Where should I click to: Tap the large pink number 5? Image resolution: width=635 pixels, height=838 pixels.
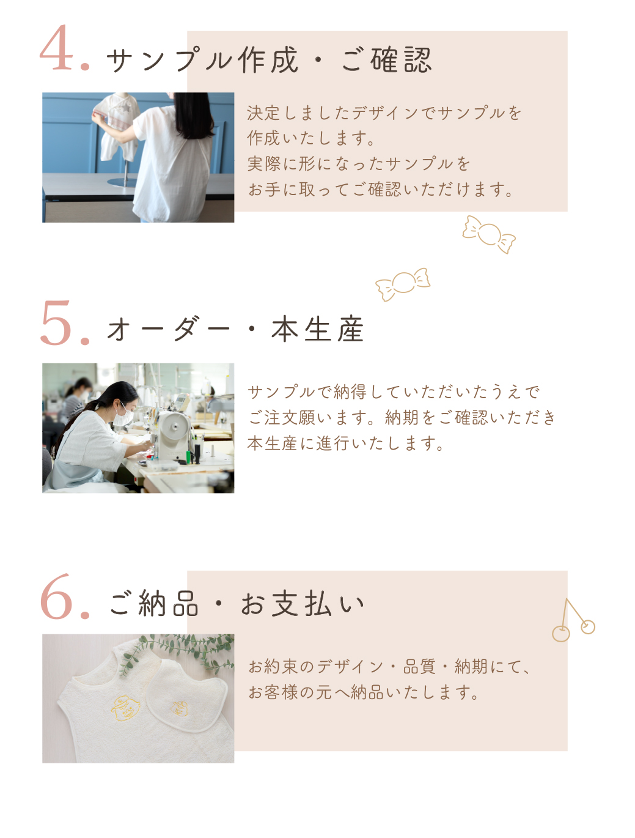point(56,322)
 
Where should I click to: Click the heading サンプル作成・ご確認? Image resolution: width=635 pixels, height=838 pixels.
point(270,60)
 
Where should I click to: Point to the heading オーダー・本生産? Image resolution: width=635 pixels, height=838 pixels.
point(235,329)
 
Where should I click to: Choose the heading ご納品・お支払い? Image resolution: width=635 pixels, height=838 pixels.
point(237,603)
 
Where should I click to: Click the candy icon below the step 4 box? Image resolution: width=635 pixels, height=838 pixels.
point(488,234)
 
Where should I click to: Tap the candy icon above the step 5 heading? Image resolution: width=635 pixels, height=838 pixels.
point(403,284)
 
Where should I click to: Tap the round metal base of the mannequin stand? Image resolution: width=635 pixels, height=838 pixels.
point(122,182)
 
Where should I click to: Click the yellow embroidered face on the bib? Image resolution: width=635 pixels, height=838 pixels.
point(179,708)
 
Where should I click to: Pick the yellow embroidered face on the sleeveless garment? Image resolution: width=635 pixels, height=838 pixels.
point(126,708)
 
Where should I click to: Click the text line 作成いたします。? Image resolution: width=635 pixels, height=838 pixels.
point(311,138)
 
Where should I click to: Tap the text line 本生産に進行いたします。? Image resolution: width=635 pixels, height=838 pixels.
point(345,443)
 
